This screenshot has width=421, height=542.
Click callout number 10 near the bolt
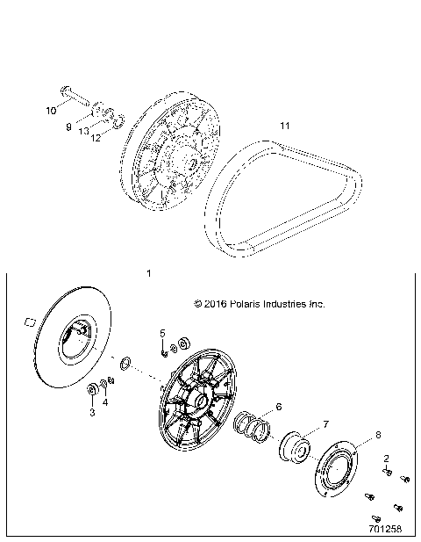click(51, 111)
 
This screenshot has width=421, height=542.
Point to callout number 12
click(98, 137)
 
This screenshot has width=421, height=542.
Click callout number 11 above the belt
click(284, 126)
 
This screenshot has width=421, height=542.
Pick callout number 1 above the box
click(148, 274)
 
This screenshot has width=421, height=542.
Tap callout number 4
click(106, 402)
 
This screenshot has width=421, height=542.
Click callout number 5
click(162, 333)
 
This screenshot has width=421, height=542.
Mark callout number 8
click(378, 435)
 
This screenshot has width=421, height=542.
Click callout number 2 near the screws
click(387, 459)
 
